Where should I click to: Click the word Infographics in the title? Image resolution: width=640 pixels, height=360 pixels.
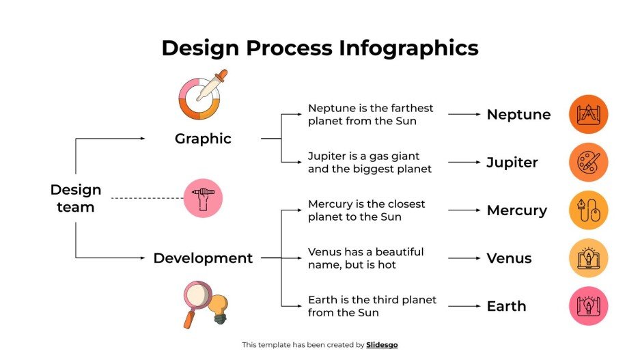click(x=408, y=48)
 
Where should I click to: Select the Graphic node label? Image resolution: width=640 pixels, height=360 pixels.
click(x=203, y=139)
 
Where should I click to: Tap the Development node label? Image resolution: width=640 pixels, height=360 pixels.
click(x=203, y=258)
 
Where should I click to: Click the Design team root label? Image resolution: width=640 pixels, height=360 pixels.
click(x=75, y=198)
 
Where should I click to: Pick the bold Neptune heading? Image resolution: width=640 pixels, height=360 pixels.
click(x=518, y=115)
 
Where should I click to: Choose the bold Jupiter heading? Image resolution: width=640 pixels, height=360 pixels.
click(x=512, y=163)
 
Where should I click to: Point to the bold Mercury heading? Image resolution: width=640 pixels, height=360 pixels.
click(x=516, y=210)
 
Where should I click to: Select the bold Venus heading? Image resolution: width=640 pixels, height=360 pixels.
click(x=509, y=258)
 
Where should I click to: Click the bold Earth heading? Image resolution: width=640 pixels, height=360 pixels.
click(x=506, y=306)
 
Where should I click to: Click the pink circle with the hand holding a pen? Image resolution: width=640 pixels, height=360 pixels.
click(x=203, y=198)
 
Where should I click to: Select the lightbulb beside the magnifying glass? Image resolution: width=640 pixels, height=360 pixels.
click(x=219, y=308)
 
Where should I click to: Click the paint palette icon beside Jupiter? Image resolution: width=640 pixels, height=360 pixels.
click(x=588, y=163)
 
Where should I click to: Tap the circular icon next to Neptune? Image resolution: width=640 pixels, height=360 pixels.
click(x=588, y=114)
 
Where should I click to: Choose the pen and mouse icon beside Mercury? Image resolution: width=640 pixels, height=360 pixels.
click(x=588, y=210)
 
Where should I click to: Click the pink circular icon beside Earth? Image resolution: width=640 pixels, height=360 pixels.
click(x=588, y=306)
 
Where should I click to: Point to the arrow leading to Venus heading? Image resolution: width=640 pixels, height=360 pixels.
click(x=464, y=258)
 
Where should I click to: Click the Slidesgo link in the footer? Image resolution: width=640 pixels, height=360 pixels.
click(x=382, y=345)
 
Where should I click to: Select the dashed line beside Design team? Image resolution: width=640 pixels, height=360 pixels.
click(x=147, y=198)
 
